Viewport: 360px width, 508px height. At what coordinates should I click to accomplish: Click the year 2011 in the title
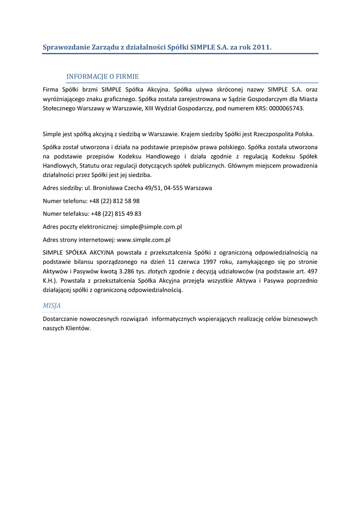pyautogui.click(x=261, y=48)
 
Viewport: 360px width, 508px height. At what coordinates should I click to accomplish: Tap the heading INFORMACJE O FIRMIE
pyautogui.click(x=102, y=76)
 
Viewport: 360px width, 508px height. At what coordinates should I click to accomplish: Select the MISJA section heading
pyautogui.click(x=52, y=306)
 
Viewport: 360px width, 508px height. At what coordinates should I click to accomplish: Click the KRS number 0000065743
pyautogui.click(x=287, y=108)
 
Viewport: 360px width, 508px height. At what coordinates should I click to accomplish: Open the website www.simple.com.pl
pyautogui.click(x=144, y=240)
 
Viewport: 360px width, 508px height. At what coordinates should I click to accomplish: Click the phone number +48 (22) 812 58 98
pyautogui.click(x=114, y=201)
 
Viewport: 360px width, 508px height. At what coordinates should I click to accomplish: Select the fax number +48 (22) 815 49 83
pyautogui.click(x=116, y=214)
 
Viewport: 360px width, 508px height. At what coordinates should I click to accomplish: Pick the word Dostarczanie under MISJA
pyautogui.click(x=62, y=319)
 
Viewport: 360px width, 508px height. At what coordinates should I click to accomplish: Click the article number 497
pyautogui.click(x=312, y=271)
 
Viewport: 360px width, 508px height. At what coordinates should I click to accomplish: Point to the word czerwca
pyautogui.click(x=190, y=261)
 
